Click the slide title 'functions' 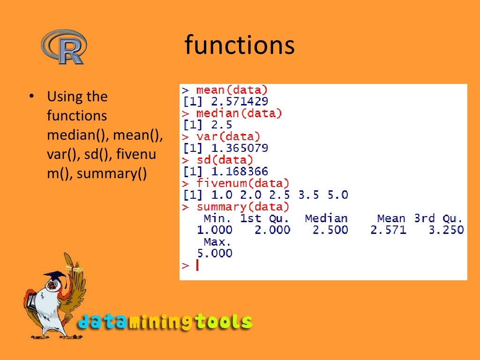point(240,46)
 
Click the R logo point(63,47)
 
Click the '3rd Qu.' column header point(439,218)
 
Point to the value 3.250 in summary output point(446,230)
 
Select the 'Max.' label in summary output point(217,242)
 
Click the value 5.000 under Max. point(214,254)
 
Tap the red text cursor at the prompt point(197,265)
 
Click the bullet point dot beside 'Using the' point(31,97)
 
